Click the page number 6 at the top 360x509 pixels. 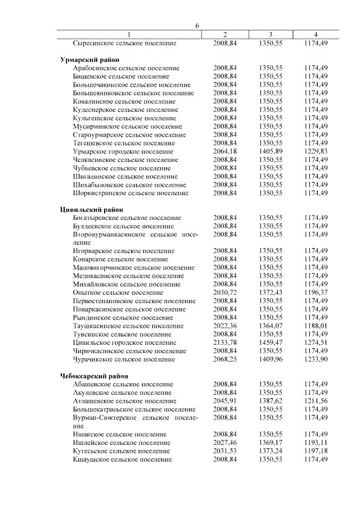197,26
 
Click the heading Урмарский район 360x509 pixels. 89,59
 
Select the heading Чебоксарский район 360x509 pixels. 94,376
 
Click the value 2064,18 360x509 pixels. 225,151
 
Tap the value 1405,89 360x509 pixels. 271,151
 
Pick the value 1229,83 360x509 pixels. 316,151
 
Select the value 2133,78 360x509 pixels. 225,343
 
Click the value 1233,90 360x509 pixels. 316,359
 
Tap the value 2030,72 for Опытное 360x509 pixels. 225,292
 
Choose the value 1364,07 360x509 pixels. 271,326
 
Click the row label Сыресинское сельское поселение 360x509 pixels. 125,43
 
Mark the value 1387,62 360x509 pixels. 271,401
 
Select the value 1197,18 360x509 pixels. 316,451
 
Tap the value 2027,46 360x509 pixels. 225,443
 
